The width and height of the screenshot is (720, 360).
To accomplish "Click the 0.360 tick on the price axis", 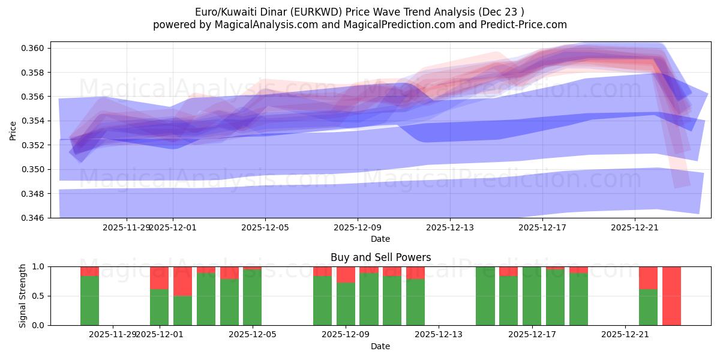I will pos(34,48).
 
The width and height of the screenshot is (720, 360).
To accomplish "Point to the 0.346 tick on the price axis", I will pos(34,218).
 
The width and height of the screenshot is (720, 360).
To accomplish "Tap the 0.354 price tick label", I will pos(34,121).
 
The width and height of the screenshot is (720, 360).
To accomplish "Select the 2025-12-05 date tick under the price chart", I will pos(265,227).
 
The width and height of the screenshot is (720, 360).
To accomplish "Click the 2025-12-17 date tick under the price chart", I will pos(542,227).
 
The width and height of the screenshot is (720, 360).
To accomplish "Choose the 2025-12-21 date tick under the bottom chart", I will pos(625,334).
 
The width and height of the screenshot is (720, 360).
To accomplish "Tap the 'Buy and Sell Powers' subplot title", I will pos(380,257).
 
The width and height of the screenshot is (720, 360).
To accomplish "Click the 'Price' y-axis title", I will pos(13,130).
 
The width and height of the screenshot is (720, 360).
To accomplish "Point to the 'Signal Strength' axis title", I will pos(22,296).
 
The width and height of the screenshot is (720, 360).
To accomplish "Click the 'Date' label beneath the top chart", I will pos(380,239).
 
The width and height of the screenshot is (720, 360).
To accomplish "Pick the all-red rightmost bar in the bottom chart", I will pos(671,296).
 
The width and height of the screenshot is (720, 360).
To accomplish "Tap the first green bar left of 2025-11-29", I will pos(89,300).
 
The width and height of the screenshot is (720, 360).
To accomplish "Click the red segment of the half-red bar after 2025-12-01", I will pos(182,281).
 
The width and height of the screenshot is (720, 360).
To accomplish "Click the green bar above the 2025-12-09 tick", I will pos(346,304).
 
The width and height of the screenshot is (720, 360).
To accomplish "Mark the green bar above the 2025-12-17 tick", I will pos(532,296).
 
